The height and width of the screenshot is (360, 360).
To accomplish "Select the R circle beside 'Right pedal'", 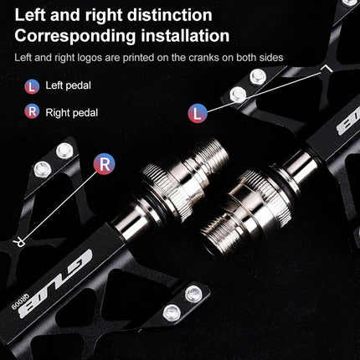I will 31,111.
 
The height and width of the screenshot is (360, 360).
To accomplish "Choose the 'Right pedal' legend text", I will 74,111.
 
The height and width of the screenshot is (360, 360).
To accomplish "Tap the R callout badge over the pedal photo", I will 104,163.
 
